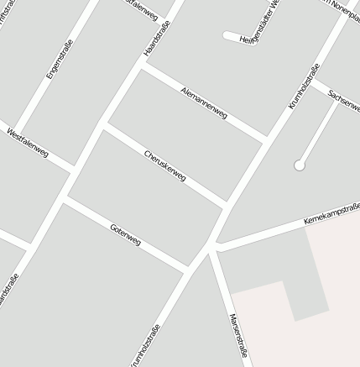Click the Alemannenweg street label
204,102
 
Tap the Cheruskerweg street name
164,166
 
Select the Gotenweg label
125,235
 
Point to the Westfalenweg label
27,143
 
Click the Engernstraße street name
60,59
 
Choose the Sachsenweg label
345,101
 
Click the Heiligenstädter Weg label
260,25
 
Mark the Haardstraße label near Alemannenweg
157,38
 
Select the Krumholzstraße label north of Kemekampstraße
304,87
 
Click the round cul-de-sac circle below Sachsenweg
299,165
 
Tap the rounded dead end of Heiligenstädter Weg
227,35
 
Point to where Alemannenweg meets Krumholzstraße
267,138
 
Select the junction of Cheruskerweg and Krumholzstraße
227,204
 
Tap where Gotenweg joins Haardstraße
65,199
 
